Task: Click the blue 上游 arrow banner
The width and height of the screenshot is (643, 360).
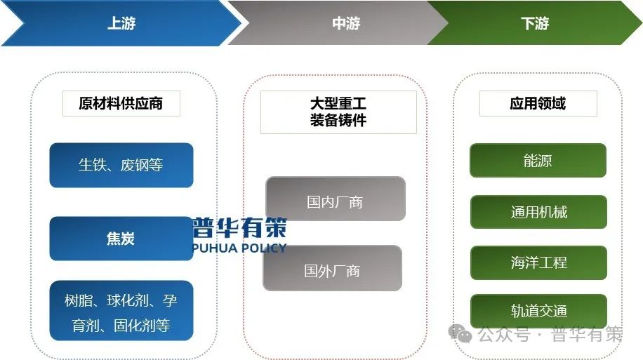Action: pos(121,23)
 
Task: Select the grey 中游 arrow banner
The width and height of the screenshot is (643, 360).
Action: pos(344,23)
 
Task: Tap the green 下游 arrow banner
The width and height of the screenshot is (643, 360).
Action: pos(535,23)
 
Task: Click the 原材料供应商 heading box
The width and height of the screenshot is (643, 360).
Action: pos(121,104)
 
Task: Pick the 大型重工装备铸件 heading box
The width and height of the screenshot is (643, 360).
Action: pos(338,112)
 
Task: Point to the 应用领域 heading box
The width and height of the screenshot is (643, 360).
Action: pos(538,104)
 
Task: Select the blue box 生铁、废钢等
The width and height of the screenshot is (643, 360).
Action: pos(121,166)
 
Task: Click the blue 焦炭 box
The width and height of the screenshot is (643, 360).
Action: pos(121,239)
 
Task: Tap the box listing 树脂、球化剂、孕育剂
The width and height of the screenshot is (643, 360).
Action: pos(121,313)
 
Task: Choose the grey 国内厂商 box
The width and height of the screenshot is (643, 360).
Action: pos(335,202)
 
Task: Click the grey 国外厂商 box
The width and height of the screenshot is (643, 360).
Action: pos(332,270)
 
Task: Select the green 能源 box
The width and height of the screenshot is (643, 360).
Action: pos(538,161)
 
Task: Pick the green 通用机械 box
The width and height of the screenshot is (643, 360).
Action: pos(538,212)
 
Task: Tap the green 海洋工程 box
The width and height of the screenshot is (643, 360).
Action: pos(538,262)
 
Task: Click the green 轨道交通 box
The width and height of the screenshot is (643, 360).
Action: pos(538,312)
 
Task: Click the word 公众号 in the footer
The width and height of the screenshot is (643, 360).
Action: pos(503,335)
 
